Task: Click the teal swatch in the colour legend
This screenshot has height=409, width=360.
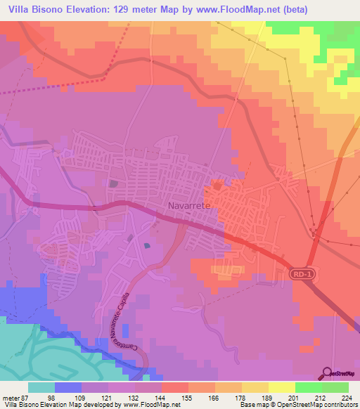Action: (x=41, y=388)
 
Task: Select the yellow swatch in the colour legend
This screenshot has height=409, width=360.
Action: (x=281, y=388)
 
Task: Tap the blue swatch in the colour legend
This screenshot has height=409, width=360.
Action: (x=68, y=388)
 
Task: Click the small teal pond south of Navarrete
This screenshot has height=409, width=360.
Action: (x=147, y=245)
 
